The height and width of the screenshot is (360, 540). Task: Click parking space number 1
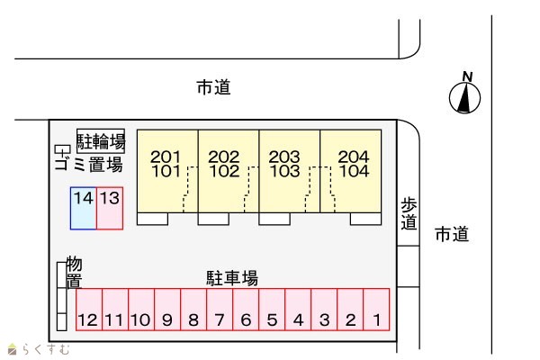point(376,310)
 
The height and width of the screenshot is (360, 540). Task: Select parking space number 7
point(219,310)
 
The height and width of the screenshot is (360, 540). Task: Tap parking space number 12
point(88,310)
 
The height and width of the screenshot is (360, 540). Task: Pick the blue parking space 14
point(84,208)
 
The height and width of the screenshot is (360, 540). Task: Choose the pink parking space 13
point(110,208)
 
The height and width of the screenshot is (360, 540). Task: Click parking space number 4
point(298,310)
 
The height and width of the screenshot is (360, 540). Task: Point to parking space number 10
point(140,310)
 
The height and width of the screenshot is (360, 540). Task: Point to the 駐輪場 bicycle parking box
point(101,140)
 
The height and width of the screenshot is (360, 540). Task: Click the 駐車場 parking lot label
point(232,278)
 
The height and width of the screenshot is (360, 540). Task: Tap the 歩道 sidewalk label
point(409,214)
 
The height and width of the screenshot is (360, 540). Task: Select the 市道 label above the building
point(213,87)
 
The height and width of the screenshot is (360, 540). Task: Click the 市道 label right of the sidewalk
point(452,235)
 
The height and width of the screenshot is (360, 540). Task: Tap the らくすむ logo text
point(43,349)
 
